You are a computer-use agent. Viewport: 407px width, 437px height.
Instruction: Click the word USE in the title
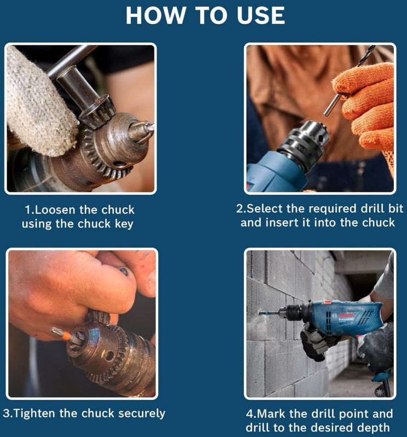click(261, 15)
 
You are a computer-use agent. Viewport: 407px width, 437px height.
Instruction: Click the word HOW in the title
click(156, 15)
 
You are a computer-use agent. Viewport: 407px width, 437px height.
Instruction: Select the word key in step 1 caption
click(124, 224)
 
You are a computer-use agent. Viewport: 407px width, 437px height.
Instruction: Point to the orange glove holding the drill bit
click(366, 106)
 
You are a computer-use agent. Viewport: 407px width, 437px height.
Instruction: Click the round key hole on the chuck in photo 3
click(108, 356)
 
